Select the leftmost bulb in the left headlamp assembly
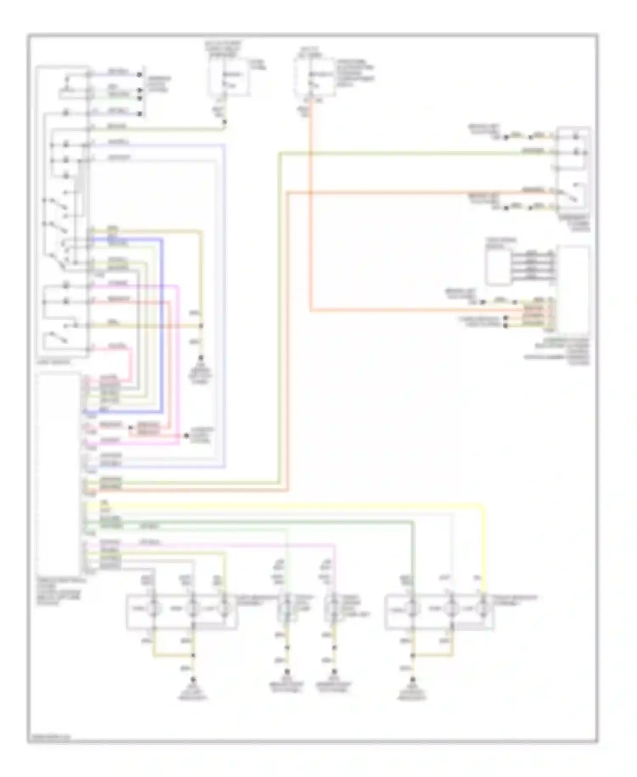[153, 609]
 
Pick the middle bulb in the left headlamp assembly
[193, 609]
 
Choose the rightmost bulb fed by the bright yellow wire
[483, 609]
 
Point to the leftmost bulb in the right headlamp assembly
[412, 609]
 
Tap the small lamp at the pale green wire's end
[287, 609]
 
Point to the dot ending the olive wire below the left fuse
[225, 122]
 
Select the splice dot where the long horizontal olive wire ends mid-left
[201, 326]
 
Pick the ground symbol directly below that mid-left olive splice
[200, 360]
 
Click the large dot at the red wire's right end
[186, 436]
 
